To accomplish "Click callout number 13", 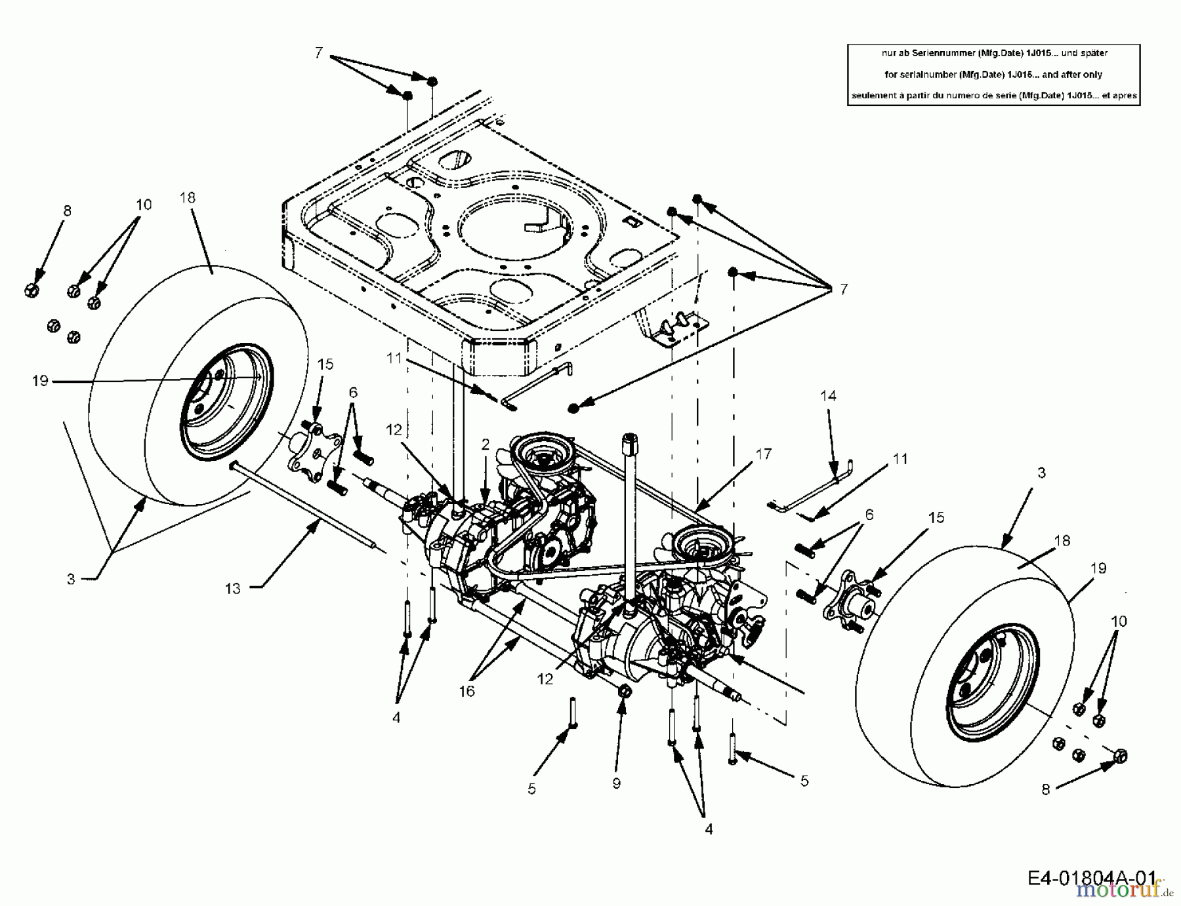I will point(233,589).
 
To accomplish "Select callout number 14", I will point(828,396).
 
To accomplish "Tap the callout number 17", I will point(763,454).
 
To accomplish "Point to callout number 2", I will point(485,444).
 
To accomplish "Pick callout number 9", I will point(615,783).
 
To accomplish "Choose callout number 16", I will point(466,691).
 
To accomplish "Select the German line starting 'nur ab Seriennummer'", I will point(993,53).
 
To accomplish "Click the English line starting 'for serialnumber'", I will point(993,75).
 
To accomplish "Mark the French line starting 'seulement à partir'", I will point(993,96).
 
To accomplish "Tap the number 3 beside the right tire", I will point(1041,473).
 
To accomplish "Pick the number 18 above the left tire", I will point(188,198).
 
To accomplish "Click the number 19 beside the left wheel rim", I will point(40,380).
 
